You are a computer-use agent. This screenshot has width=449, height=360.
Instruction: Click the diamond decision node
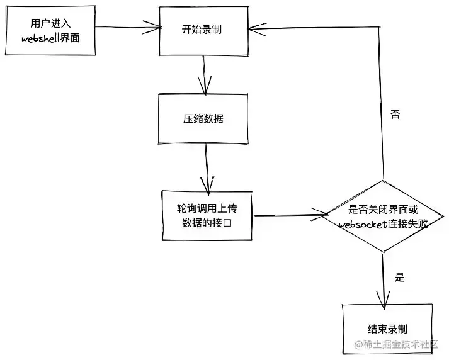(x=382, y=217)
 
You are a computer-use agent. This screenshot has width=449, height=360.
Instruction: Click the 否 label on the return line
(x=395, y=115)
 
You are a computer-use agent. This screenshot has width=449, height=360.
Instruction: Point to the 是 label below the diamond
(x=399, y=277)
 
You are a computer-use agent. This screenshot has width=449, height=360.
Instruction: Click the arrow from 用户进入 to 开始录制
(x=126, y=28)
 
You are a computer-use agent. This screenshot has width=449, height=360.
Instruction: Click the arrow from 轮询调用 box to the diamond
(x=290, y=215)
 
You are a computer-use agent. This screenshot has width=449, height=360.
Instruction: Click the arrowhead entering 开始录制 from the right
(x=254, y=27)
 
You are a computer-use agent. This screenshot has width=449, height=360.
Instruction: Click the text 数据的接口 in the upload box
(x=207, y=222)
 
